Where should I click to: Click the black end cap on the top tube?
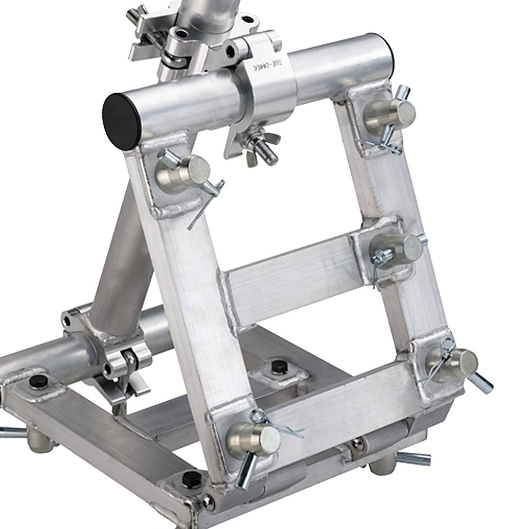(121, 121)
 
